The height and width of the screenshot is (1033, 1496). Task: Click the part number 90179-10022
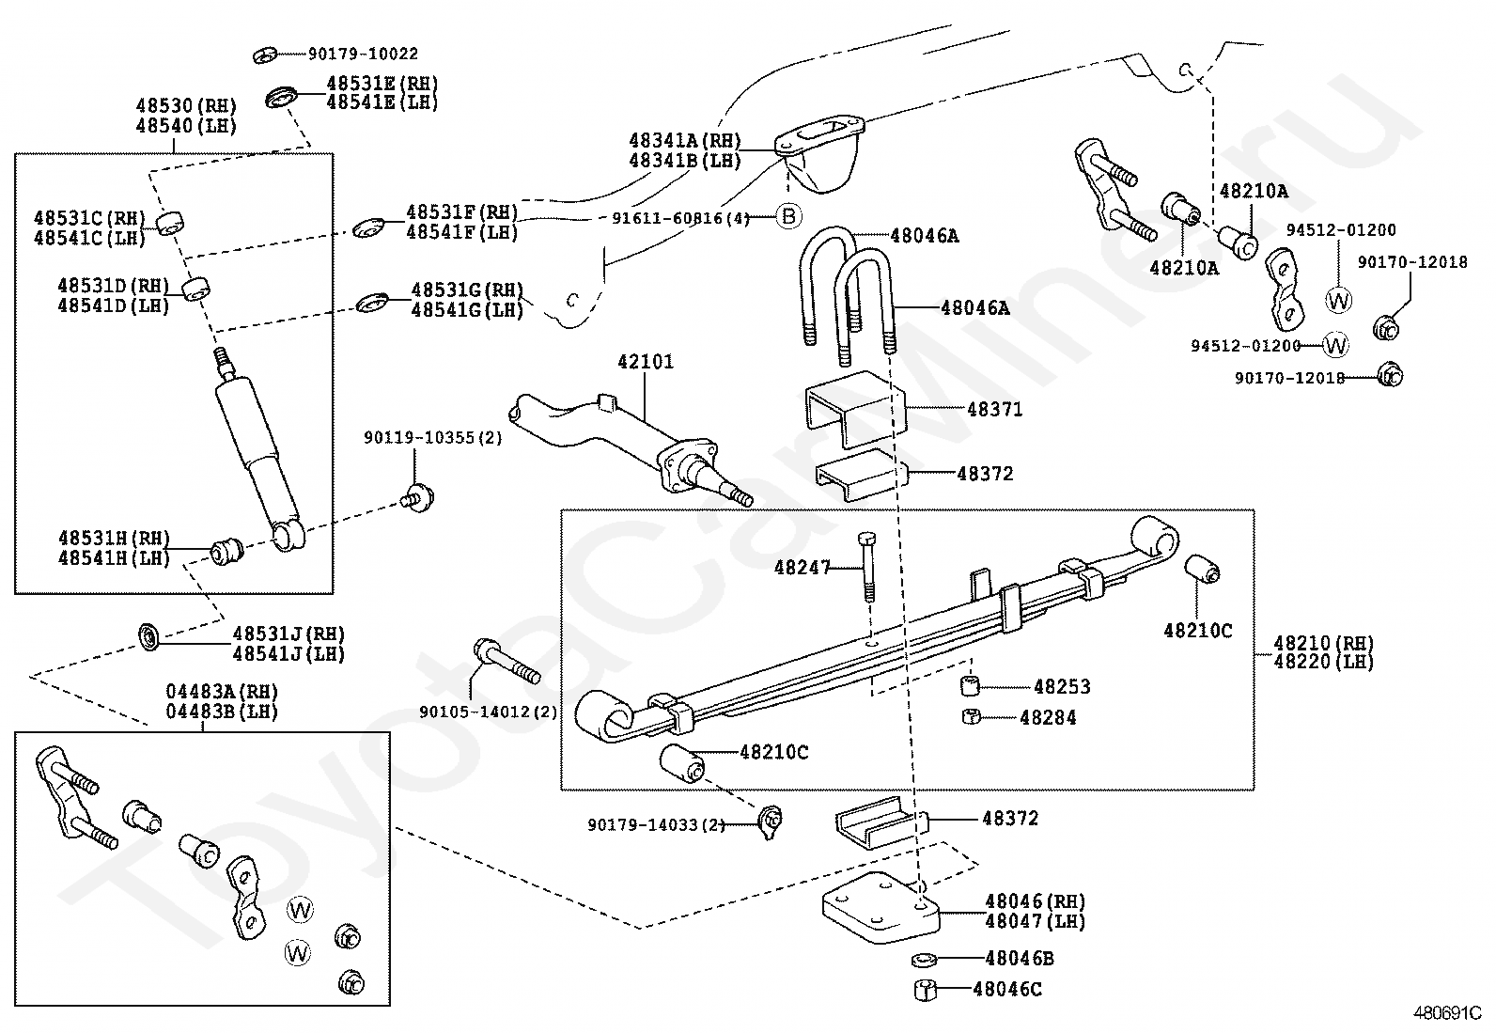pyautogui.click(x=364, y=54)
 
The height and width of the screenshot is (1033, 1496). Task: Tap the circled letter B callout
pyautogui.click(x=788, y=216)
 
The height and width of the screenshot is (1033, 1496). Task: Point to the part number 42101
pyautogui.click(x=646, y=362)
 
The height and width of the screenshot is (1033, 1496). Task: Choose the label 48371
pyautogui.click(x=995, y=410)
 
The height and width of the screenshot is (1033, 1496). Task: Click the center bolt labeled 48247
pyautogui.click(x=866, y=567)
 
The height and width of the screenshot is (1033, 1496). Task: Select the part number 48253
pyautogui.click(x=1062, y=687)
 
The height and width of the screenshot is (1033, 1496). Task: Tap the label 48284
pyautogui.click(x=1048, y=717)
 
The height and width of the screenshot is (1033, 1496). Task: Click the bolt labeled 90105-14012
pyautogui.click(x=506, y=661)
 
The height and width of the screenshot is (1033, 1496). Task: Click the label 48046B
pyautogui.click(x=1020, y=959)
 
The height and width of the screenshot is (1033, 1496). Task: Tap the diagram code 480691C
pyautogui.click(x=1447, y=1013)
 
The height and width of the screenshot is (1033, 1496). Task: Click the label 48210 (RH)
pyautogui.click(x=1324, y=644)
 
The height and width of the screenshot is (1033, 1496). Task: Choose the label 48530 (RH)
pyautogui.click(x=186, y=105)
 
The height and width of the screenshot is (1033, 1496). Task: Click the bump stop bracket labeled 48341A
pyautogui.click(x=819, y=153)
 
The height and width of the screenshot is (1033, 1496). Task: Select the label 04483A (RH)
pyautogui.click(x=222, y=692)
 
